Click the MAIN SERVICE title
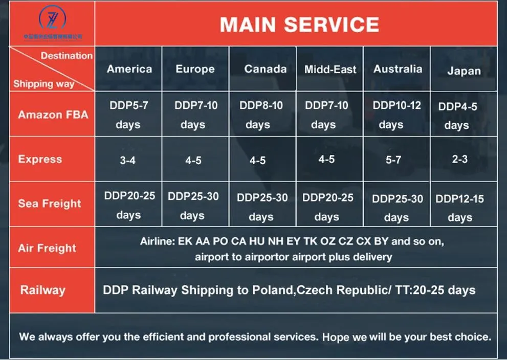299,25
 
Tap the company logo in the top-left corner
52,20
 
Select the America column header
129,69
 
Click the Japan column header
464,71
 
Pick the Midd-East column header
330,70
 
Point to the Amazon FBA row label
53,115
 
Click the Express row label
40,159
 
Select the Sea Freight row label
50,204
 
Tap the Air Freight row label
47,249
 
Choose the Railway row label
42,290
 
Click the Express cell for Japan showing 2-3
459,159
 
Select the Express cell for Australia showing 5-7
393,160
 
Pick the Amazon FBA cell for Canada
261,115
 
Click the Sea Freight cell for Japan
459,208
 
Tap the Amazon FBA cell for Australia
396,115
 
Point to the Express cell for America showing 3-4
127,161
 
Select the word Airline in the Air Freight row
157,241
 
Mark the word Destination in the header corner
67,56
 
